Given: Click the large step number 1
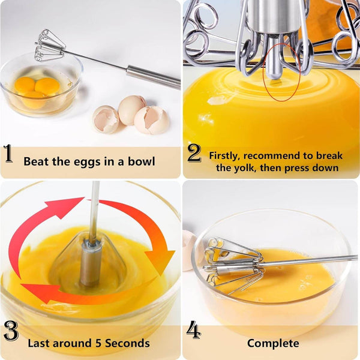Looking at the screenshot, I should point(9,154).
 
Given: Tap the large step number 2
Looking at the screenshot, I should point(194,154).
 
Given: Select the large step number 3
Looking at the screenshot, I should point(11,331).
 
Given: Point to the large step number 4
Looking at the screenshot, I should point(194,331).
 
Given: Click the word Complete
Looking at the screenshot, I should point(273,343).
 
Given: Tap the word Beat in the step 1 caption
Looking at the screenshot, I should point(35,161).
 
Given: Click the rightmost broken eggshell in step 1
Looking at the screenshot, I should point(151,119).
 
